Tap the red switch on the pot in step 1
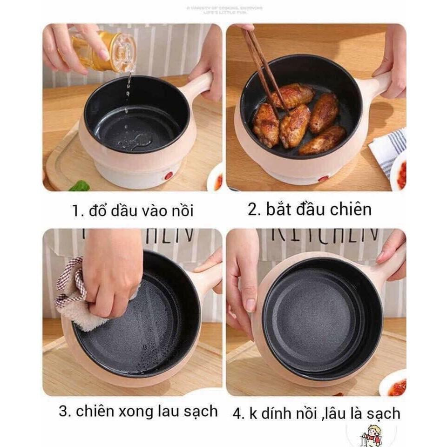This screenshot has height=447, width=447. point(169,176)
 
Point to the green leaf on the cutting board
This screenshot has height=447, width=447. point(80,186)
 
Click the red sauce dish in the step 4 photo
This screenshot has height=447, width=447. point(395,386)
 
